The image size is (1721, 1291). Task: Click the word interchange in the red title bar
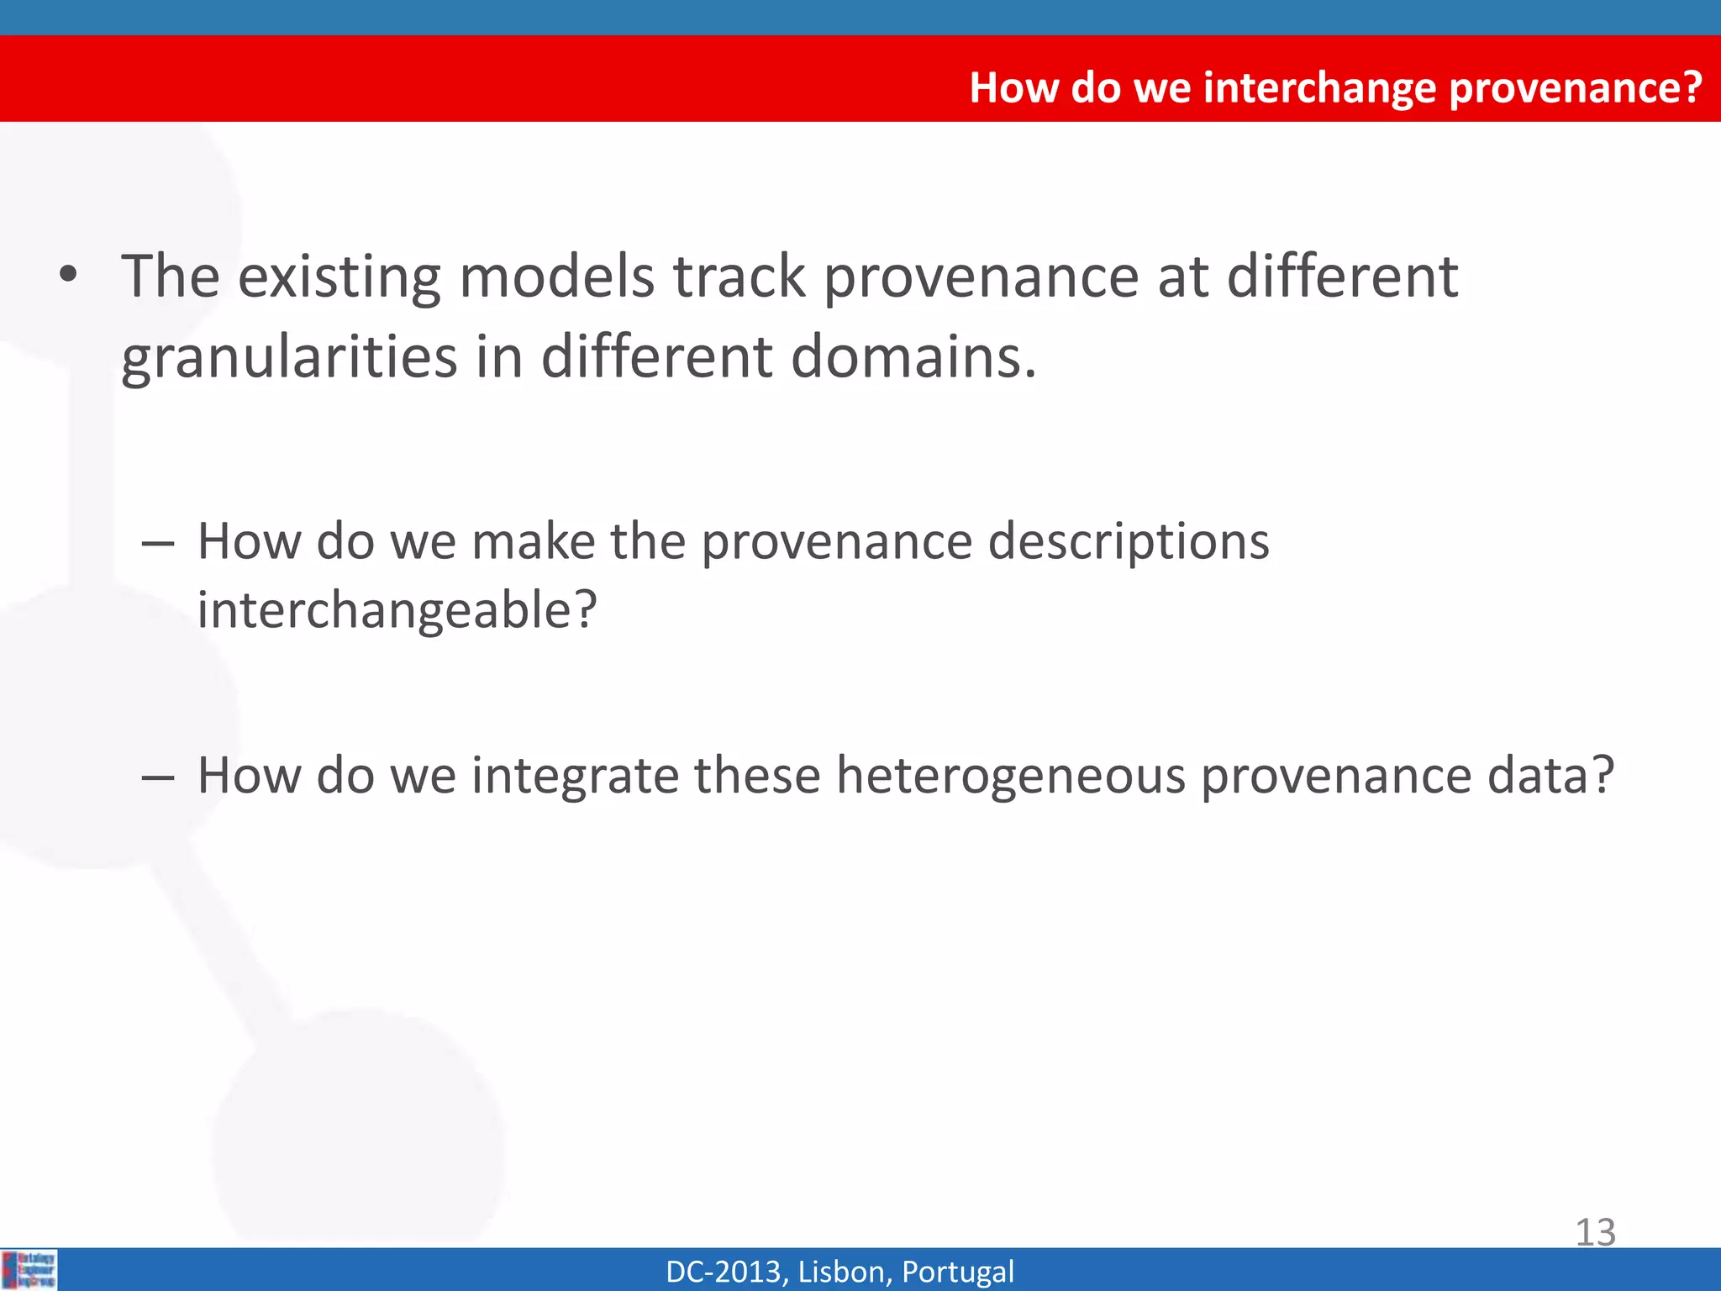1319,87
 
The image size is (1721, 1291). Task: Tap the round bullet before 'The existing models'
69,275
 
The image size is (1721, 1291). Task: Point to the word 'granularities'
289,357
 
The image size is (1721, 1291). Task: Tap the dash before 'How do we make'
157,544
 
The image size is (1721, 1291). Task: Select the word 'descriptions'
1128,542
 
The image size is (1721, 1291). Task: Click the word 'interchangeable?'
397,610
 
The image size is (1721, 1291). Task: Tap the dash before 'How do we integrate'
157,777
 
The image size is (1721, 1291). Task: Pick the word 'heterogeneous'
1010,776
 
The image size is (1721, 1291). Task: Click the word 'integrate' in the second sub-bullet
575,776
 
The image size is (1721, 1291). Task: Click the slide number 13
1594,1233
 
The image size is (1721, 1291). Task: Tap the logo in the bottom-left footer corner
29,1269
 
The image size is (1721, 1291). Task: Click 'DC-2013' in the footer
724,1272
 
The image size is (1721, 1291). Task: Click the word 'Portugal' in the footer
957,1272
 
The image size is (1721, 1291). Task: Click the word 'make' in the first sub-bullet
533,542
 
